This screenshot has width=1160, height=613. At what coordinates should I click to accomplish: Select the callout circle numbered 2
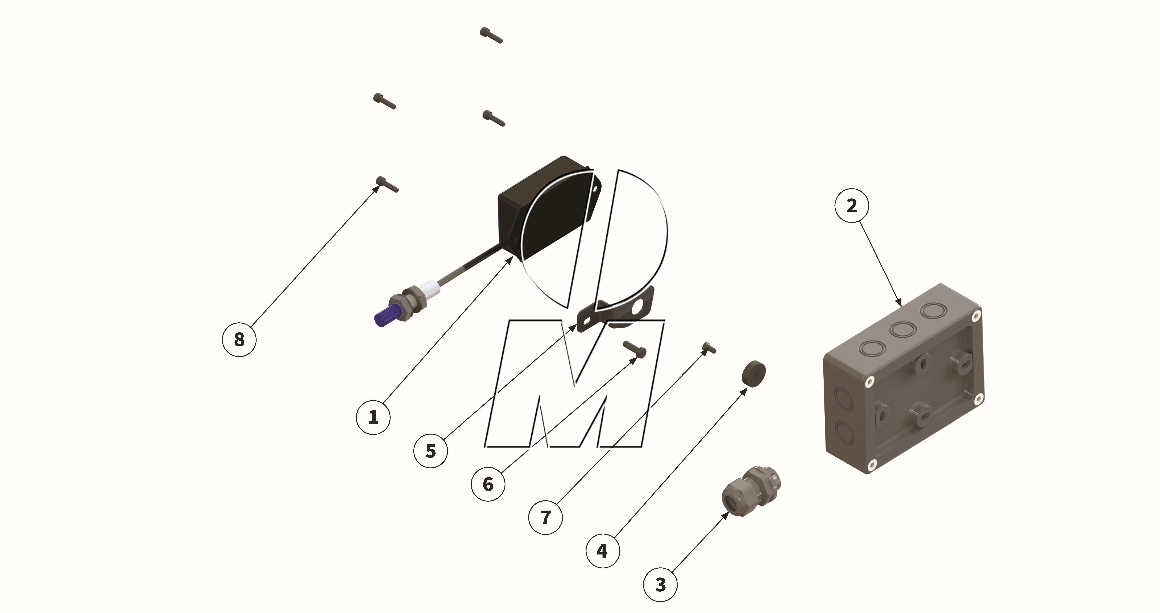click(852, 206)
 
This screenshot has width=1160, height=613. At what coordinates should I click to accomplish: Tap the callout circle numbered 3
click(660, 585)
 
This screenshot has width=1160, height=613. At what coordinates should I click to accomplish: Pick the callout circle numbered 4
click(603, 551)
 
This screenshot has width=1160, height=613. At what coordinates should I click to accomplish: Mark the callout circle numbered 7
click(545, 518)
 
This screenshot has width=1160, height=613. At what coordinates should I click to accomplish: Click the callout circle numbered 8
click(239, 339)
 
